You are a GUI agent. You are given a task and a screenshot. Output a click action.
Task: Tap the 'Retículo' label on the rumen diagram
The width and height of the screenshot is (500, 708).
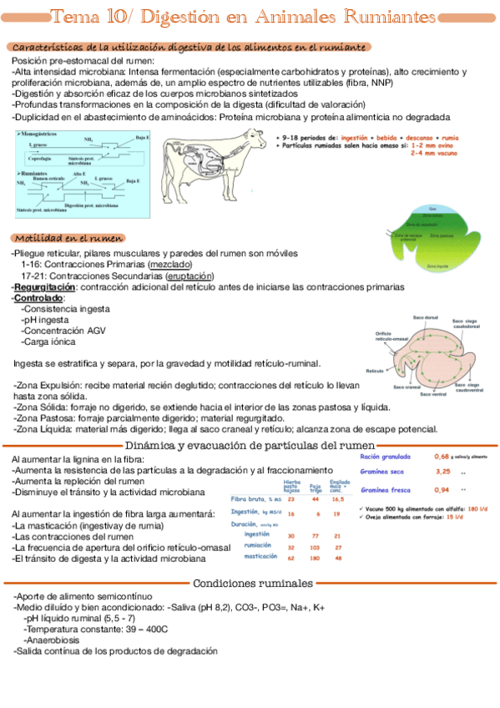tap(373, 370)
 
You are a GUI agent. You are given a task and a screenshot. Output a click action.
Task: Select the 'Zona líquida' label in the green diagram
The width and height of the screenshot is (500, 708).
tap(437, 266)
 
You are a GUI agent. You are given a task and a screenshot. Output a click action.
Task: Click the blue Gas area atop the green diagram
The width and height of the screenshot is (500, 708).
tap(432, 208)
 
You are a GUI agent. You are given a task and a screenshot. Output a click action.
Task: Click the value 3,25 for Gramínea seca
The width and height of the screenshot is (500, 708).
tap(442, 472)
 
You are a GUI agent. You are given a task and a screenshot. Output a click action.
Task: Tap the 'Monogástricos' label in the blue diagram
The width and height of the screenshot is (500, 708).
tap(44, 134)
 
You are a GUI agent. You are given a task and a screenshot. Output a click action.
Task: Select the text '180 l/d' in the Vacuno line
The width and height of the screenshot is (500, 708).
tap(477, 508)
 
